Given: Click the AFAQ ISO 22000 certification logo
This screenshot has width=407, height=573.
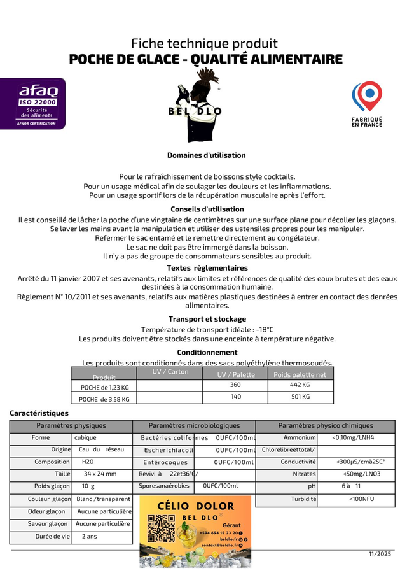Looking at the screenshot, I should pyautogui.click(x=32, y=103).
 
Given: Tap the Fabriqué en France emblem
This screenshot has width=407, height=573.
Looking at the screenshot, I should pyautogui.click(x=367, y=104).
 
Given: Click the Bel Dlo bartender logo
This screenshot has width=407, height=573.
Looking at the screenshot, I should pyautogui.click(x=195, y=111).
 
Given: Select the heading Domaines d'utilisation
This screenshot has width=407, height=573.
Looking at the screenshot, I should pyautogui.click(x=206, y=155).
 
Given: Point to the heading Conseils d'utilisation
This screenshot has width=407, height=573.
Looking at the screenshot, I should pyautogui.click(x=207, y=209).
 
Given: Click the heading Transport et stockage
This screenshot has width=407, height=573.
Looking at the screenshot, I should pyautogui.click(x=207, y=319).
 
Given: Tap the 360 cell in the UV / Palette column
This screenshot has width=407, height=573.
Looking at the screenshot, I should pyautogui.click(x=235, y=385).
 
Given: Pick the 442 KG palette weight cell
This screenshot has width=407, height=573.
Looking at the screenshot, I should pyautogui.click(x=300, y=385).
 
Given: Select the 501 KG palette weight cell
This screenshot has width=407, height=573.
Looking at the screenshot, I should pyautogui.click(x=300, y=397).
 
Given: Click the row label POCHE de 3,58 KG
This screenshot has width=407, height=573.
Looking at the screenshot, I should pyautogui.click(x=104, y=399).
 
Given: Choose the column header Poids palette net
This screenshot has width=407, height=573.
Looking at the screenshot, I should pyautogui.click(x=300, y=374).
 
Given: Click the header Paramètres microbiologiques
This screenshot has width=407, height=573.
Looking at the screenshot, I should pyautogui.click(x=194, y=425).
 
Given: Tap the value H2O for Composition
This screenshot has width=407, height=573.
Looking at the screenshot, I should pyautogui.click(x=88, y=462).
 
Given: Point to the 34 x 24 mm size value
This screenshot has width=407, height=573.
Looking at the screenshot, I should pyautogui.click(x=100, y=474).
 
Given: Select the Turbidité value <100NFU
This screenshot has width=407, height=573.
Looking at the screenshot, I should pyautogui.click(x=361, y=499).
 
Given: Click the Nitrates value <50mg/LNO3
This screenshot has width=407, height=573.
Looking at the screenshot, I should pyautogui.click(x=361, y=474).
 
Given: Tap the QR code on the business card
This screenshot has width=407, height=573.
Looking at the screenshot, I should pyautogui.click(x=161, y=528).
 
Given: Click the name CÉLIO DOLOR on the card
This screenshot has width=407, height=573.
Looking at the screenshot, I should pyautogui.click(x=195, y=507).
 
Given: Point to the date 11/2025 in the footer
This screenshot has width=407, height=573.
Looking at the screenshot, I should pyautogui.click(x=380, y=555).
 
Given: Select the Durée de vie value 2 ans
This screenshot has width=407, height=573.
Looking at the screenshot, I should pyautogui.click(x=90, y=537).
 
